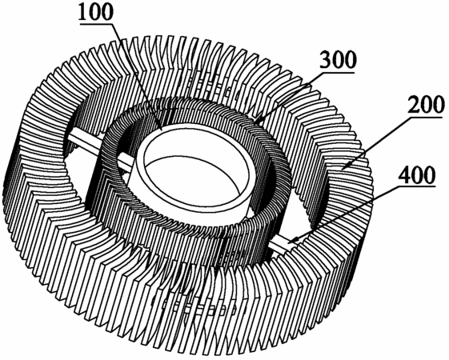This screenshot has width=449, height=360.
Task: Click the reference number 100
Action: [97, 12]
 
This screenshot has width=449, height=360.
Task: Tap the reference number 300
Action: [339, 59]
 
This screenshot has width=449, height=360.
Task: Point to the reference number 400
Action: [418, 175]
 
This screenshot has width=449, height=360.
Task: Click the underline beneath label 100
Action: [97, 24]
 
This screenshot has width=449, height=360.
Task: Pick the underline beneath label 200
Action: [427, 117]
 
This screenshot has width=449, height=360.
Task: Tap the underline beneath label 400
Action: [417, 186]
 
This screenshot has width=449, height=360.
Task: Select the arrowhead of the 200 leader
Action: [343, 168]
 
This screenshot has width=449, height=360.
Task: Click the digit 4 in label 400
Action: [406, 175]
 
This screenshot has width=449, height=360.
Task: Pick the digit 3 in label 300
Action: [327, 59]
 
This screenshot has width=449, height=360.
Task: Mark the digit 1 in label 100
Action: [83, 12]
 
